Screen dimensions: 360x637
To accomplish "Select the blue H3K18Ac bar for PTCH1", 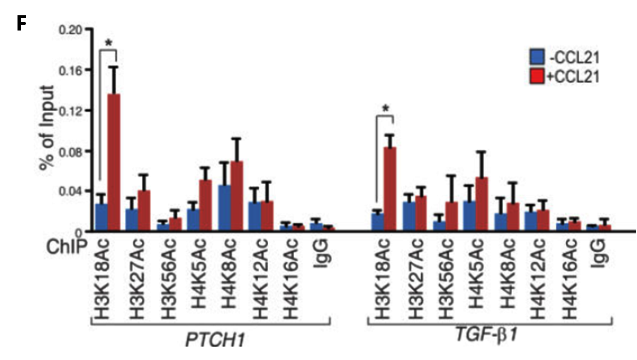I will tap(101, 217).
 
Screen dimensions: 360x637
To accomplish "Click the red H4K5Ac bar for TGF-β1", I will tap(482, 203).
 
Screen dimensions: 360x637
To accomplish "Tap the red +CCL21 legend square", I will tap(536, 75).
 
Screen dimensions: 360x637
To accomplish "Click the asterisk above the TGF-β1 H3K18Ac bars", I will tap(385, 109).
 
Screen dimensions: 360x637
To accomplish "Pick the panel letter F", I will tap(21, 24).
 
